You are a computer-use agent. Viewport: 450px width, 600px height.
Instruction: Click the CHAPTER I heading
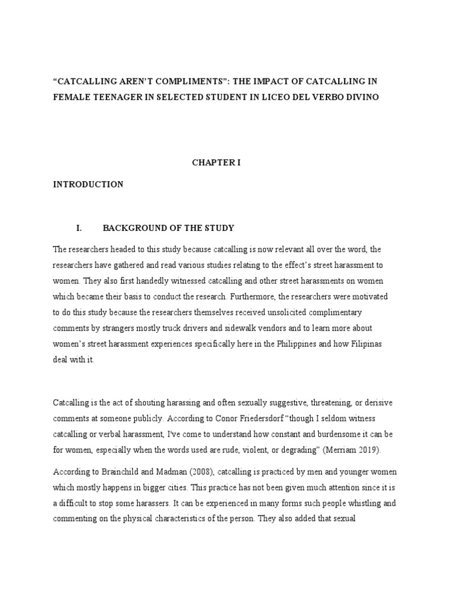click(x=216, y=163)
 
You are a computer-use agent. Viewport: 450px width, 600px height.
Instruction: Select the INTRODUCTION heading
click(x=88, y=185)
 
